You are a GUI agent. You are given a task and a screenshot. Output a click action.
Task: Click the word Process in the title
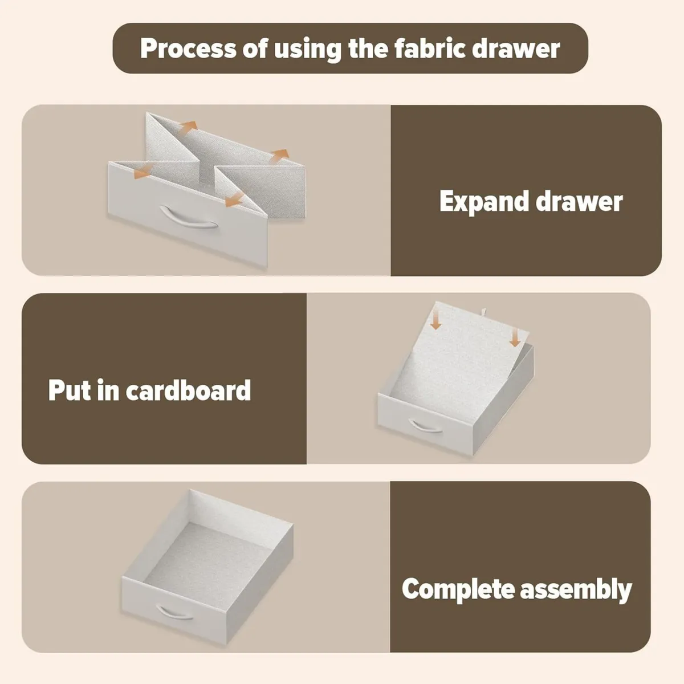[x=188, y=48]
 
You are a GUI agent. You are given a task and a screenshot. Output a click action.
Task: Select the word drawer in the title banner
[x=516, y=48]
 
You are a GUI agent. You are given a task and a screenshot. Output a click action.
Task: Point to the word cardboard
[x=188, y=390]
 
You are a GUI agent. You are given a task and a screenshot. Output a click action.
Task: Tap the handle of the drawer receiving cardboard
[x=426, y=427]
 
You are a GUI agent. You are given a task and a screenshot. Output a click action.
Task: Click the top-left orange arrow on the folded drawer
[x=188, y=127]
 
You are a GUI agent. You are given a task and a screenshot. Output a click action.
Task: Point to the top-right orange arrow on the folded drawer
[x=279, y=156]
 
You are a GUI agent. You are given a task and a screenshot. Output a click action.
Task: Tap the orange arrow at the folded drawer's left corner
[x=143, y=171]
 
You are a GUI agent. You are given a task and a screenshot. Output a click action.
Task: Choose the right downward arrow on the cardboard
[x=515, y=337]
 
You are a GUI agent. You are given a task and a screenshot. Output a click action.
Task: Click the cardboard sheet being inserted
[x=458, y=362]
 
